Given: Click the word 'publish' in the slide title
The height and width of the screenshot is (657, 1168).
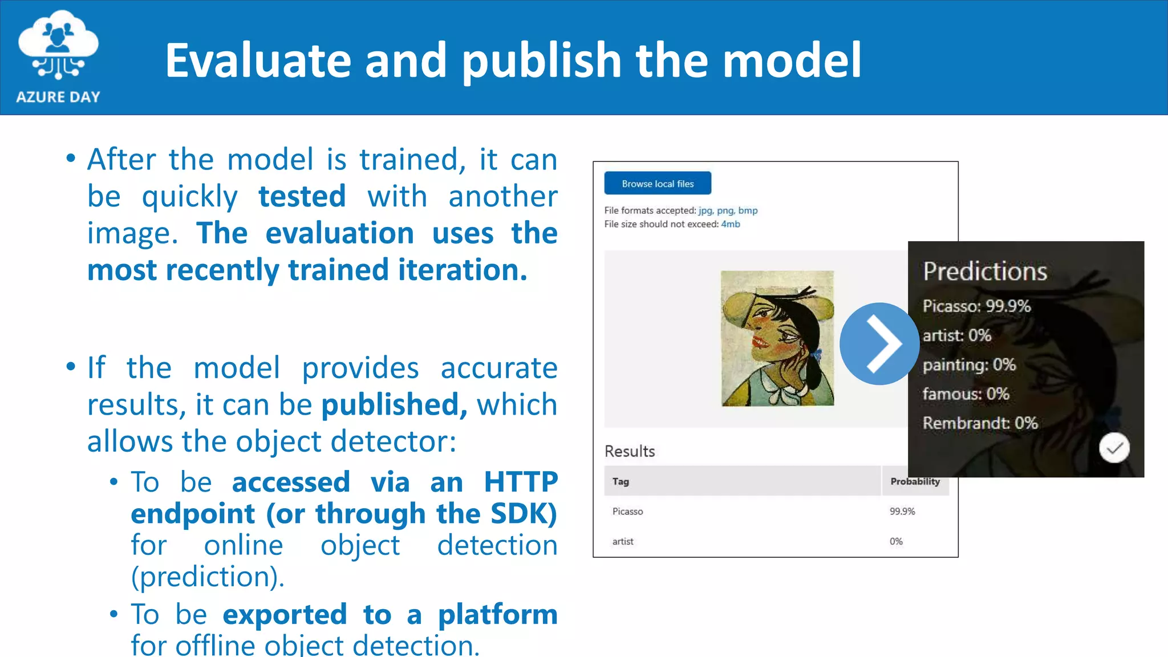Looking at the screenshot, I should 541,61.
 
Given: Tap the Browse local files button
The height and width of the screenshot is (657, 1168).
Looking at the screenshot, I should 658,184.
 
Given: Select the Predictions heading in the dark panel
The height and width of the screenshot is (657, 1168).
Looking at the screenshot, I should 985,271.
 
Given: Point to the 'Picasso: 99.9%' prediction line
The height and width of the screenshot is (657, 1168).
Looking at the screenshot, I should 976,306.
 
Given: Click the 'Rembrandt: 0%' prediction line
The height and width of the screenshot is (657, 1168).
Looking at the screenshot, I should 980,423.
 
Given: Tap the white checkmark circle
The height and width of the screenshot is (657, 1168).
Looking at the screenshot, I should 1114,448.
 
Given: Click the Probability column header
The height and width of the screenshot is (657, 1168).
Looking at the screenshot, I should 915,481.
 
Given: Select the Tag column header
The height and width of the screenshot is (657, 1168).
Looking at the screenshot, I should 620,481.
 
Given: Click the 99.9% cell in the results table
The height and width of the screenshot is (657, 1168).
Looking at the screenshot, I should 902,512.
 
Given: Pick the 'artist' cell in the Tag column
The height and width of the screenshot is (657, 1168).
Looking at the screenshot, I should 623,542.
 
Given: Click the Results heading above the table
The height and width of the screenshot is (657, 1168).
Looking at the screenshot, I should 630,451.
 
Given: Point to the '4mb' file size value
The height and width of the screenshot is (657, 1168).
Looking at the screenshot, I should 731,224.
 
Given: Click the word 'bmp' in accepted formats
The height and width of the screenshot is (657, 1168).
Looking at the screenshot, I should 748,210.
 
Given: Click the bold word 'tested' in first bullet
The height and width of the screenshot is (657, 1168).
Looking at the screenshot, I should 302,197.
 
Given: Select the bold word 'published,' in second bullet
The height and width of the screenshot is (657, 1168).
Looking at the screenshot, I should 394,405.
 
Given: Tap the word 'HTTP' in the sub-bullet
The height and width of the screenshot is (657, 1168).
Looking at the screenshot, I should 520,482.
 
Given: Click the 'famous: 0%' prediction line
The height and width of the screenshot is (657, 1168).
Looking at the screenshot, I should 966,394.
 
